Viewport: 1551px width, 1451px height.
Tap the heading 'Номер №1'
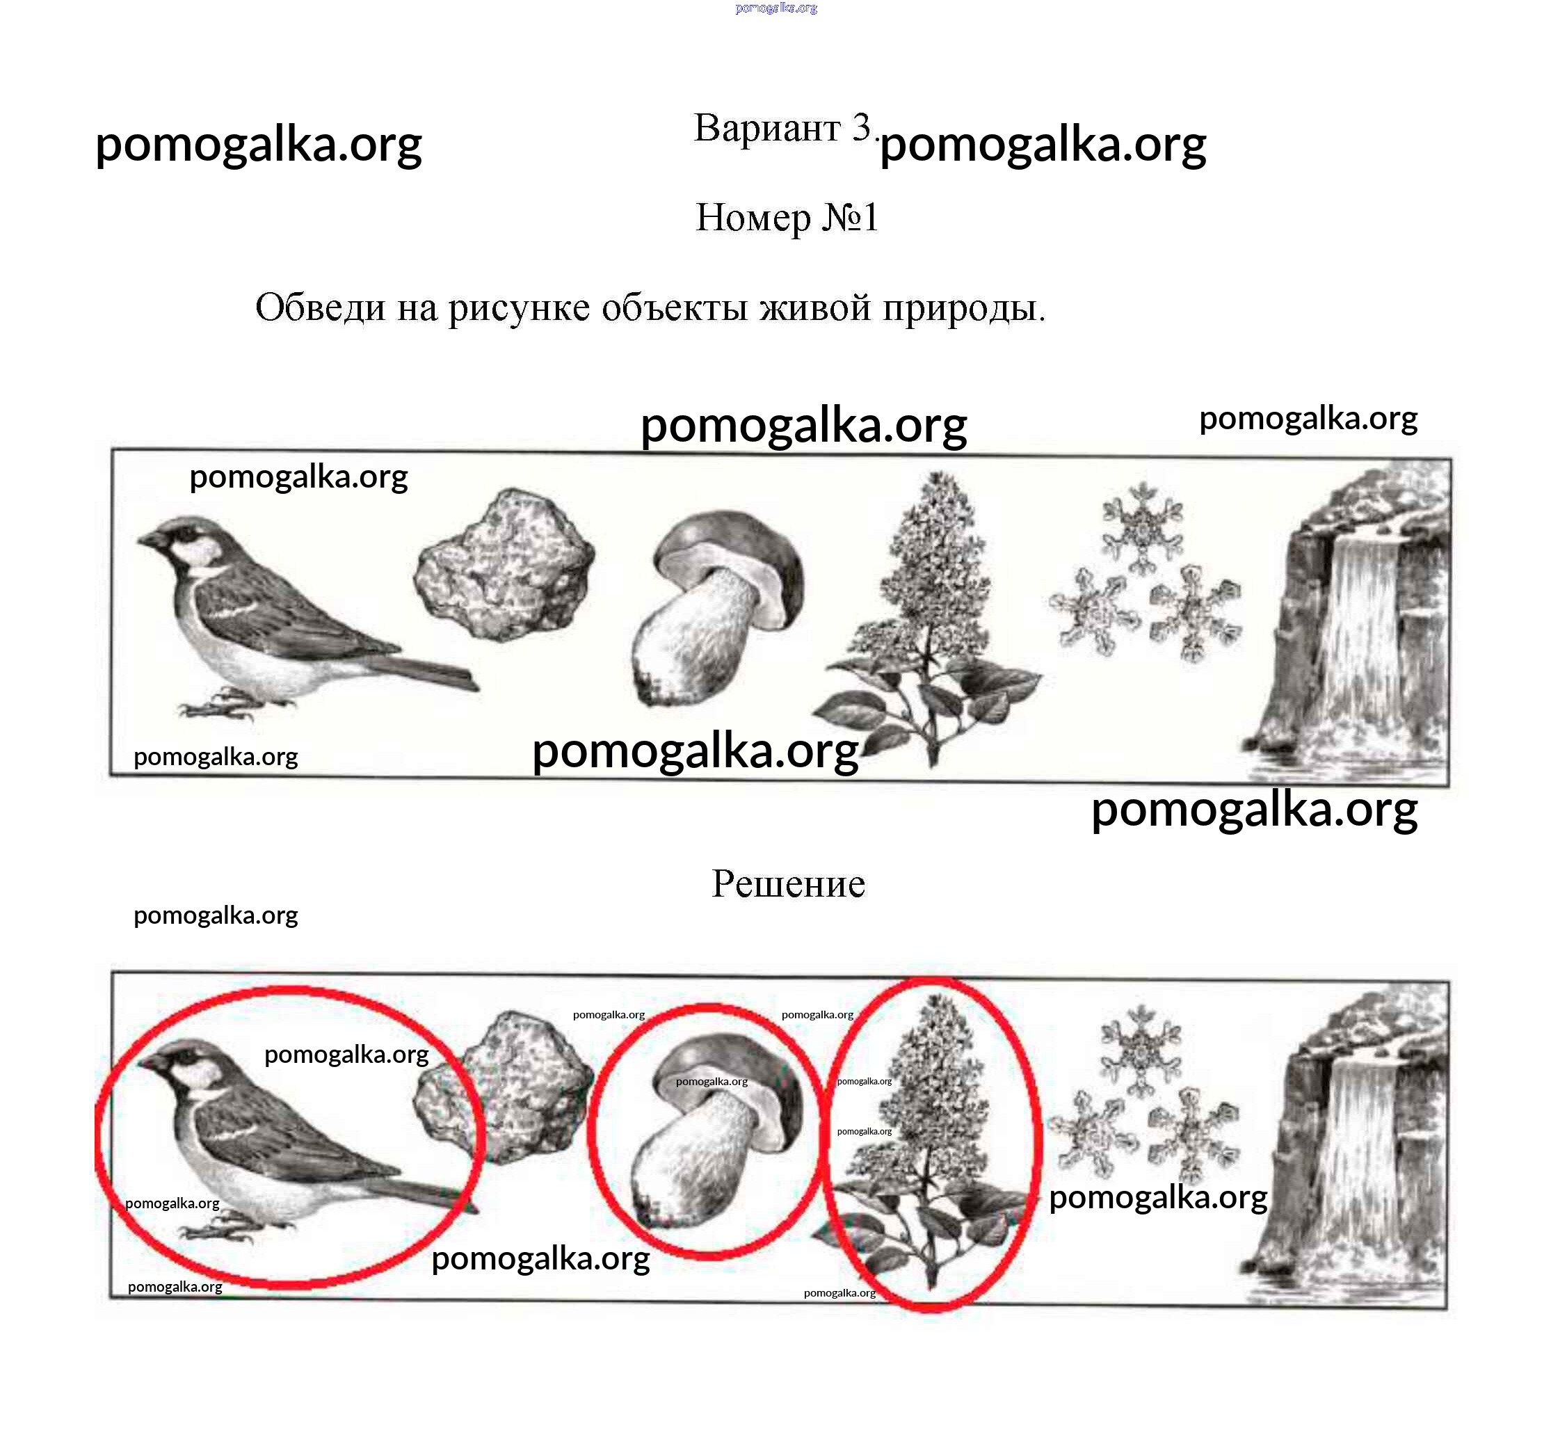click(787, 217)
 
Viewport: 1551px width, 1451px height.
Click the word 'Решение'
click(788, 884)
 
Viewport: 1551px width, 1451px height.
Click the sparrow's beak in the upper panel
click(148, 540)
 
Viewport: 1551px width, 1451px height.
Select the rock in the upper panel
click(504, 564)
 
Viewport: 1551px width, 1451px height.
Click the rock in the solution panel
click(504, 1086)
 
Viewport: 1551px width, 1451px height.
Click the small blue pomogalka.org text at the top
click(776, 8)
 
